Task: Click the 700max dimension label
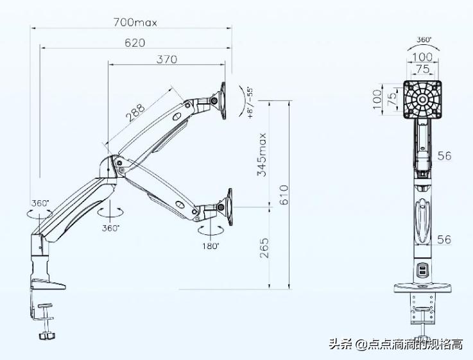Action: pos(135,22)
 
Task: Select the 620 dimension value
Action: pos(135,42)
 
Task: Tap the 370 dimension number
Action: pos(167,60)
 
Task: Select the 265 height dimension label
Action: pos(264,248)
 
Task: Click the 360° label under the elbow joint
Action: pos(110,228)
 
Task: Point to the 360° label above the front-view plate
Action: pos(424,40)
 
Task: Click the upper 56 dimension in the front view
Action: pos(444,155)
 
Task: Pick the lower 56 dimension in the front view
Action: pos(444,239)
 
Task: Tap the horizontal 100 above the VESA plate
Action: pos(422,57)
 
